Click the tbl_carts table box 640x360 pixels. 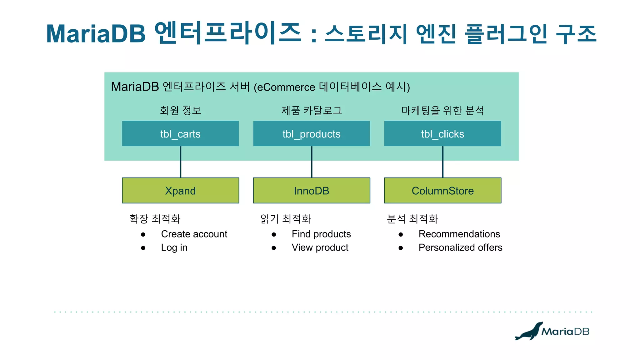(180, 134)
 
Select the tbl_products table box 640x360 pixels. (311, 134)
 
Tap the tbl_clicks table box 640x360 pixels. (442, 134)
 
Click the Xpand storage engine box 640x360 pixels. (180, 191)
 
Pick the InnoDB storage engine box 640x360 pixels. (311, 191)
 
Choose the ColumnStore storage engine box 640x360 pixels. (442, 191)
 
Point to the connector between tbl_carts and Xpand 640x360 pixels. (181, 162)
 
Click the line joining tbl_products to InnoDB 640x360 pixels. (312, 162)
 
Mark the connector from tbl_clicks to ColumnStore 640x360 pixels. (443, 162)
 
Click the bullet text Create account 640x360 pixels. (194, 234)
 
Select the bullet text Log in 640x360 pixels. (174, 247)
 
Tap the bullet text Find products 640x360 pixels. (321, 234)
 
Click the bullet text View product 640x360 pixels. (320, 247)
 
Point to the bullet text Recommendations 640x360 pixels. (459, 234)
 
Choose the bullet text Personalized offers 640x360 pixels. (460, 247)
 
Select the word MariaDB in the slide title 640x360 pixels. (96, 34)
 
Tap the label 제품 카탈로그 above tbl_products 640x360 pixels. (312, 110)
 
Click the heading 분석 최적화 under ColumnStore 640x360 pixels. (412, 219)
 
